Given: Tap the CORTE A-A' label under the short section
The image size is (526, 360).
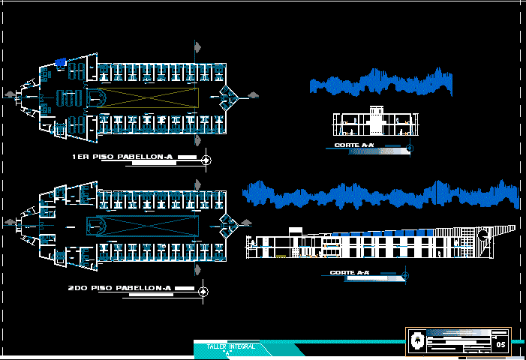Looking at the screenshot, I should (355, 145).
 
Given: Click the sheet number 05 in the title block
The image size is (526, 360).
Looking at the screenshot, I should (501, 343).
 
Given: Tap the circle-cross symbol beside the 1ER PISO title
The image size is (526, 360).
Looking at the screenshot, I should (208, 160).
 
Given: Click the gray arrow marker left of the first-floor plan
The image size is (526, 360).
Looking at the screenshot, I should (9, 94).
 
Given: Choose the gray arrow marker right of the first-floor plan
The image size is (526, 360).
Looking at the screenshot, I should (253, 94).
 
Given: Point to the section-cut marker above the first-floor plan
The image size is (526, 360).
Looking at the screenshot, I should (197, 48).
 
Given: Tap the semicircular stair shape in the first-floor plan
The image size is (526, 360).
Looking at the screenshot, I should (97, 97).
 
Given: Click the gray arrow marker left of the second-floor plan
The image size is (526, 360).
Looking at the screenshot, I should (9, 223).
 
